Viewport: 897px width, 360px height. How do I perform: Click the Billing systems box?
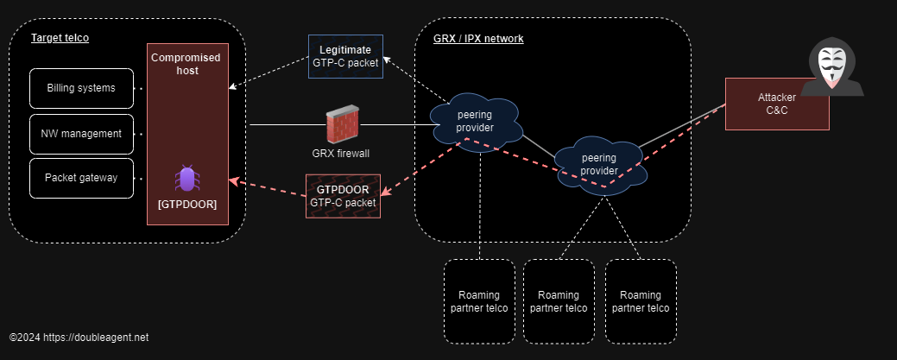pyautogui.click(x=82, y=88)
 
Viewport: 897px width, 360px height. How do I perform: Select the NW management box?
pyautogui.click(x=82, y=134)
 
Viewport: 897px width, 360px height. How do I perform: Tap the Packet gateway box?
pyautogui.click(x=82, y=179)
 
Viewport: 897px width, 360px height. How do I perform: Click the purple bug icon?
pyautogui.click(x=187, y=179)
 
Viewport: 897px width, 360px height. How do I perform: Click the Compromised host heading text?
pyautogui.click(x=186, y=64)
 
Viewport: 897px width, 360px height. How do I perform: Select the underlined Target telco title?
pyautogui.click(x=60, y=38)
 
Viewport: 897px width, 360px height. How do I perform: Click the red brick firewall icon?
pyautogui.click(x=343, y=126)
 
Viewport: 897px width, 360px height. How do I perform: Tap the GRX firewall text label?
pyautogui.click(x=342, y=153)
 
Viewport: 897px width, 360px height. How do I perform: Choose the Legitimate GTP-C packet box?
pyautogui.click(x=345, y=56)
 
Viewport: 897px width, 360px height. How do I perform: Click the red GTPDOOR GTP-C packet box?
pyautogui.click(x=344, y=195)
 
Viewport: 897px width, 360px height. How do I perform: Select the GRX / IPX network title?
pyautogui.click(x=477, y=39)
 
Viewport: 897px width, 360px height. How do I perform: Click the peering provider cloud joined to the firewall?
pyautogui.click(x=475, y=122)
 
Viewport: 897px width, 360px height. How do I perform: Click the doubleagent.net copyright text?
pyautogui.click(x=79, y=337)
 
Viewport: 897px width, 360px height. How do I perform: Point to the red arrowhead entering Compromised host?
pyautogui.click(x=233, y=181)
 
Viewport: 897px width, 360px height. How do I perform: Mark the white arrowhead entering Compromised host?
pyautogui.click(x=233, y=87)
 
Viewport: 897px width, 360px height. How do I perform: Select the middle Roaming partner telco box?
pyautogui.click(x=559, y=301)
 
